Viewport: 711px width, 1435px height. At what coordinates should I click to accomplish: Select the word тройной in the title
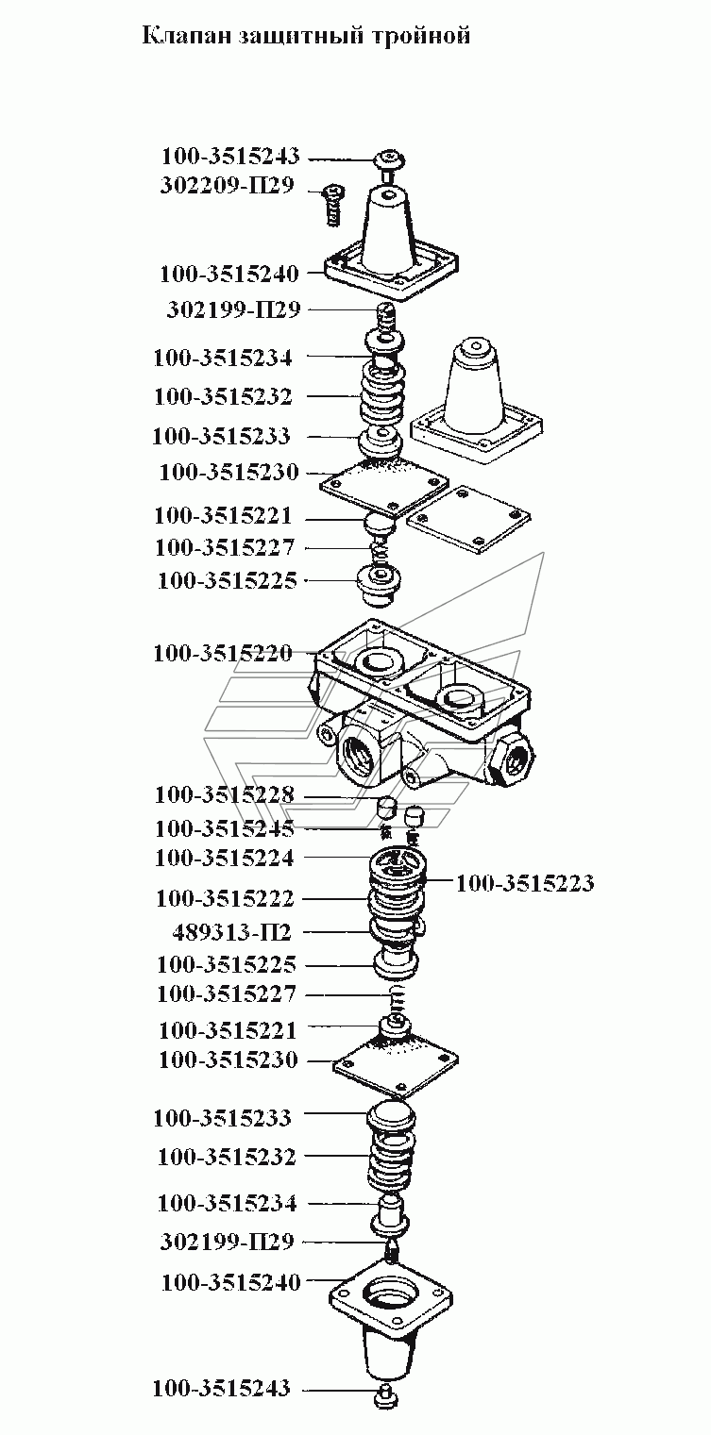point(421,36)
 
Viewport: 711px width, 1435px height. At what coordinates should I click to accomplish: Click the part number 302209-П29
point(227,186)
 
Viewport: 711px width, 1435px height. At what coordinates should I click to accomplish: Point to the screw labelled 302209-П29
point(331,205)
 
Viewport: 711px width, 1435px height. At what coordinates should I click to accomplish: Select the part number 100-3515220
point(223,654)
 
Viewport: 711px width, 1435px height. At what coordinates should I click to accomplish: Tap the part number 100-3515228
point(225,795)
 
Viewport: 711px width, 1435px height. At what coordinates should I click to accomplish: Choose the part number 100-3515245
point(225,828)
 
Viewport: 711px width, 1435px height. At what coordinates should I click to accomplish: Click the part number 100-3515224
point(225,858)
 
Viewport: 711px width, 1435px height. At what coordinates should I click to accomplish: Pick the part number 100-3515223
point(525,883)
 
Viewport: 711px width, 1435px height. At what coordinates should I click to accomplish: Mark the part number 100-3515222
point(225,899)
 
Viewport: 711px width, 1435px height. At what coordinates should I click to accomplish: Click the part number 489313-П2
point(231,932)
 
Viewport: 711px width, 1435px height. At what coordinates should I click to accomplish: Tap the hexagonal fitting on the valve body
point(510,759)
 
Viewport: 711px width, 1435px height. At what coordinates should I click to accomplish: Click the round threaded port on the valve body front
point(358,754)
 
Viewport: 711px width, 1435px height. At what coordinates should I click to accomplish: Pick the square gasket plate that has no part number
point(468,519)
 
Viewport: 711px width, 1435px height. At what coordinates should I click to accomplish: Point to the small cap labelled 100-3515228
point(386,808)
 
